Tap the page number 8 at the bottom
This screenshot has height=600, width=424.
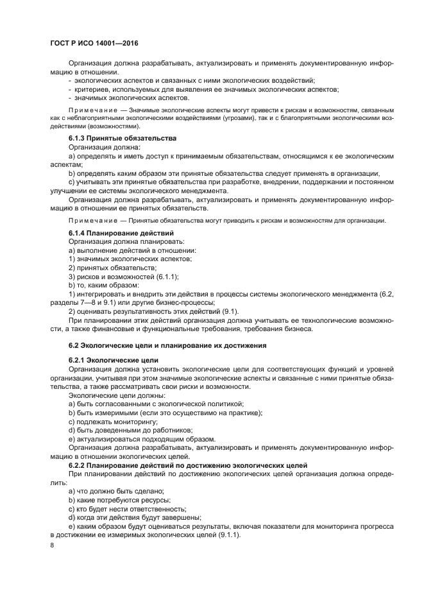[53, 544]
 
